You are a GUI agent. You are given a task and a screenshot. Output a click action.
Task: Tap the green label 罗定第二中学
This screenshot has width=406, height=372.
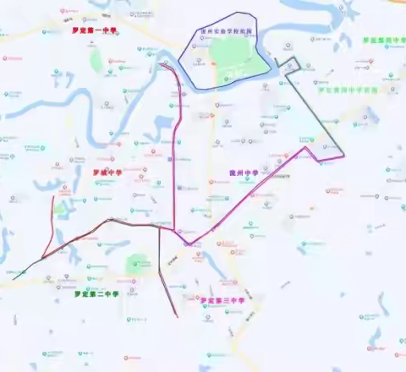96,294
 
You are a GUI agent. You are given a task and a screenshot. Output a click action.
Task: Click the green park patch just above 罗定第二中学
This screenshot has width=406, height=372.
135,267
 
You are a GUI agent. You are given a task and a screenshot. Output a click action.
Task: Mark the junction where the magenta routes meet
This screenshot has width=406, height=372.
176,230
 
